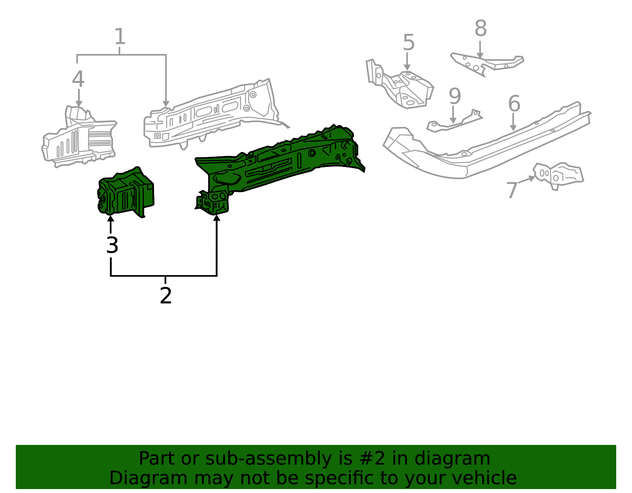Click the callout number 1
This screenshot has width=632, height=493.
click(x=120, y=37)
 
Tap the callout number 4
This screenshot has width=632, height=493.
click(x=78, y=79)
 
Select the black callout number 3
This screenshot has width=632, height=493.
click(x=112, y=246)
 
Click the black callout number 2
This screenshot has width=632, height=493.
click(x=166, y=296)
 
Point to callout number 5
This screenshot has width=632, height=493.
click(x=409, y=43)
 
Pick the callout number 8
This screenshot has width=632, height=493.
click(x=480, y=29)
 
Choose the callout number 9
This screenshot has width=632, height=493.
click(x=455, y=96)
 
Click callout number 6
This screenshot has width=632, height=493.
click(x=514, y=104)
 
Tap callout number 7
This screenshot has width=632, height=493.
click(x=512, y=190)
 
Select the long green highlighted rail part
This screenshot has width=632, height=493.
click(x=276, y=162)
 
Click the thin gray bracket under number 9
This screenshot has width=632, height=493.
click(x=454, y=122)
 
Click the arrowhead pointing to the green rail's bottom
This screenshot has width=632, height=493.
click(x=216, y=217)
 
